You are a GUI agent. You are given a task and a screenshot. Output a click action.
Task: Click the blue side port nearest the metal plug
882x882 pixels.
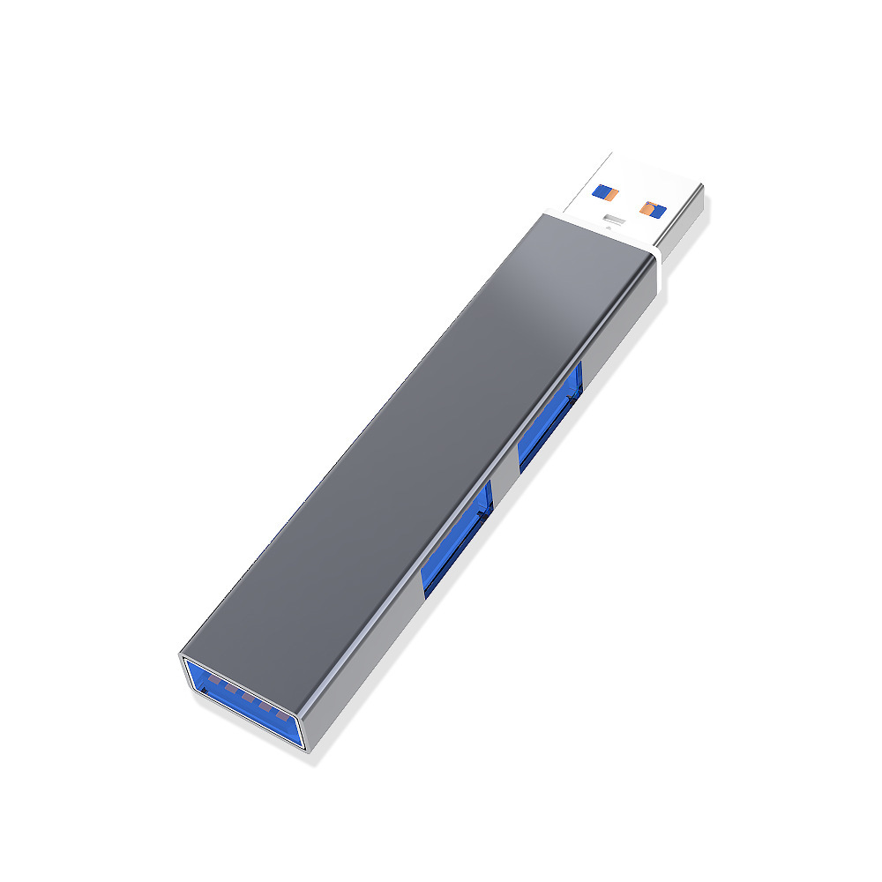(549, 415)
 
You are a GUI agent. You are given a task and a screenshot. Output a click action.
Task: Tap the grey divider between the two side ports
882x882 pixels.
(504, 481)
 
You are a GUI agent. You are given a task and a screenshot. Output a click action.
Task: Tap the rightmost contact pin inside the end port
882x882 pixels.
(281, 714)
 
